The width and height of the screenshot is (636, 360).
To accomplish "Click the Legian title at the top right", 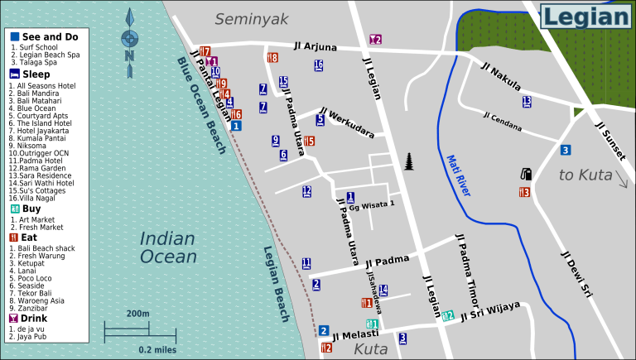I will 585,17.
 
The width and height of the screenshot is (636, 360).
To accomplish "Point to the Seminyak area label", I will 250,18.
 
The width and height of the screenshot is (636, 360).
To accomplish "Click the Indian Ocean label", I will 167,247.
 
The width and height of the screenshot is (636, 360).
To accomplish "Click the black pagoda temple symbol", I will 409,161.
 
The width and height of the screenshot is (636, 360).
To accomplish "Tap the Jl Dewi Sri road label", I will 576,276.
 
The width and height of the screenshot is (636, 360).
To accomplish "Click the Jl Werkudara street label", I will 346,122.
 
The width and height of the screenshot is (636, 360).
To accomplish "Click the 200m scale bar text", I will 138,314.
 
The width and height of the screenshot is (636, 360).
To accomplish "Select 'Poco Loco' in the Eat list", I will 35,278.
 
